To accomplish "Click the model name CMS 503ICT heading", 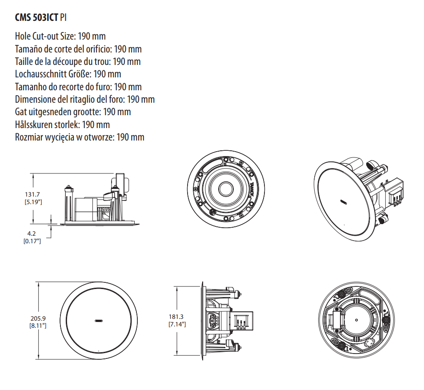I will [36, 18].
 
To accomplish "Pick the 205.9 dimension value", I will [38, 318].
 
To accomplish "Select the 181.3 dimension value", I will [176, 317].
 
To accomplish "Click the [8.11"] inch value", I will [38, 326].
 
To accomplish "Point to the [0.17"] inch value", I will [32, 241].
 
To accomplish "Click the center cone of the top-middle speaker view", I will [225, 189].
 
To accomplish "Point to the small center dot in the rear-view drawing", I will [356, 319].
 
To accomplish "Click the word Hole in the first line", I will [23, 36].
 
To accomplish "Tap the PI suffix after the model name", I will [64, 18].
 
